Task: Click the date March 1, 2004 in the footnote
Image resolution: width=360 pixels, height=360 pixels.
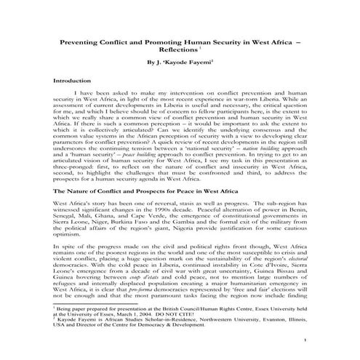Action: point(143,311)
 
